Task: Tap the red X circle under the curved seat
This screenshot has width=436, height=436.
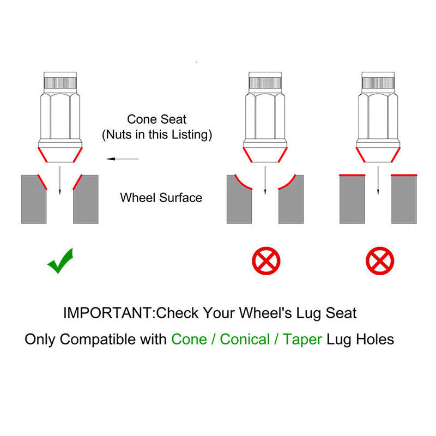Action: coord(266,261)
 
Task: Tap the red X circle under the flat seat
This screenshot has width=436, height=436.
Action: coord(380,261)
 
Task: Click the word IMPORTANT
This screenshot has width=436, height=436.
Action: coord(107,313)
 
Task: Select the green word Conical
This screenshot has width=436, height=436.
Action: coord(245,340)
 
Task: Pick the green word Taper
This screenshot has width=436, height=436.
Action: coord(302,340)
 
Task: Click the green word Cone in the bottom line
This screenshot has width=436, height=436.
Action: coord(189,340)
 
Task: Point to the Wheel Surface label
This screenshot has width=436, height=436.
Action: coord(161,198)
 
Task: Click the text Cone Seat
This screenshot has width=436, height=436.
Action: coord(156,119)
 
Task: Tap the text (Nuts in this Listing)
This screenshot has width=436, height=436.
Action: coord(157,135)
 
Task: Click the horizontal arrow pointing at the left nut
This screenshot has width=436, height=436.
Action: coord(122,159)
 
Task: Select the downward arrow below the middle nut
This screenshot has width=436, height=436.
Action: coord(265,180)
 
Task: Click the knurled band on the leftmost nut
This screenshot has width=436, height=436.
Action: coord(60,83)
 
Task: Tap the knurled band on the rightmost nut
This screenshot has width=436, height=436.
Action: coord(378,83)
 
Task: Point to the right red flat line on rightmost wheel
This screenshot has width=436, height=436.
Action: coord(404,175)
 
